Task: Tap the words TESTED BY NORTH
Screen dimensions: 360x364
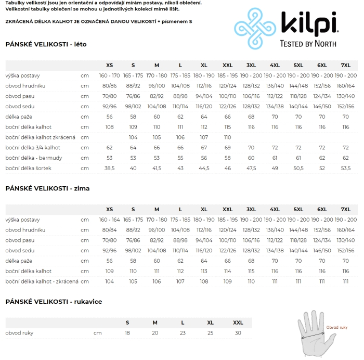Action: coord(308,44)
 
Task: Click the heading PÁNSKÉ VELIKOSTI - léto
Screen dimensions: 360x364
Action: coord(46,44)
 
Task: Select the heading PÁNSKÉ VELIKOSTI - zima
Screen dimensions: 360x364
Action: coord(48,188)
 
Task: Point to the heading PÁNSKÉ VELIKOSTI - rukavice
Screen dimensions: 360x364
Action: coord(54,302)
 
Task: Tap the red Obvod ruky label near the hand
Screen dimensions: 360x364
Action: coord(336,327)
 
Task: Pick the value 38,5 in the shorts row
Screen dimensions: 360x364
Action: coord(109,169)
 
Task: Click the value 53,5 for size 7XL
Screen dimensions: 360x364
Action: coord(346,169)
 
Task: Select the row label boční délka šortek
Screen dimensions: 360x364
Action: coord(28,169)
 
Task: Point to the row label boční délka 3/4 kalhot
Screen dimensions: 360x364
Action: coord(33,148)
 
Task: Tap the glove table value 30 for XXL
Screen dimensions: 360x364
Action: coord(238,333)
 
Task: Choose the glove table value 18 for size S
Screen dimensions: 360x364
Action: coord(127,333)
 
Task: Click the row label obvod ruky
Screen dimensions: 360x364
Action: coord(19,333)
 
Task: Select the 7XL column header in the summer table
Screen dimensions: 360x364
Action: coord(346,65)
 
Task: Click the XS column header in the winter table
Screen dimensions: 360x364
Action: coord(109,209)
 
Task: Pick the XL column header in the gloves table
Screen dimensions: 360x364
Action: coord(211,323)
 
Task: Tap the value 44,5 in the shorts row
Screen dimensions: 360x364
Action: coord(204,169)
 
